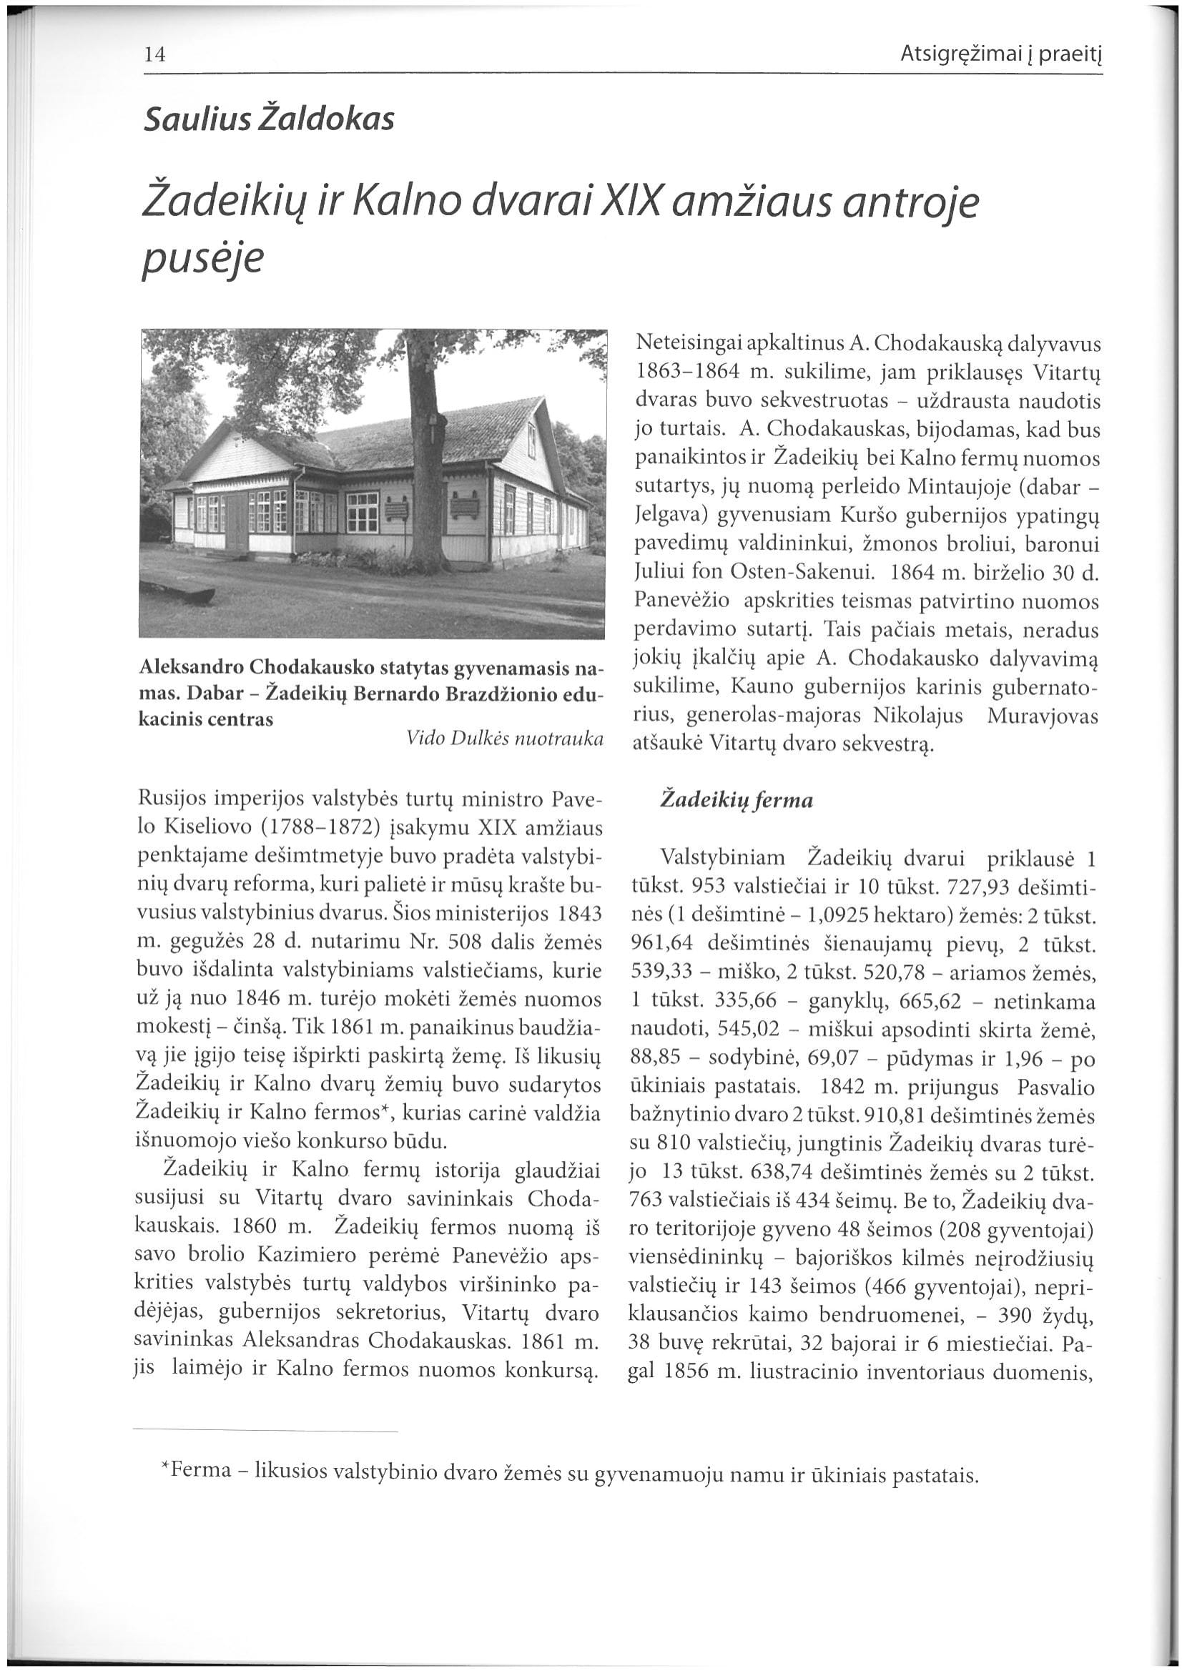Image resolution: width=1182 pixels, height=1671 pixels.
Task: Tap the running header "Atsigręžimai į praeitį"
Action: tap(1000, 54)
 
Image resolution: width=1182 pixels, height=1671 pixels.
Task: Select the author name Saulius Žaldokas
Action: tap(269, 119)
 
